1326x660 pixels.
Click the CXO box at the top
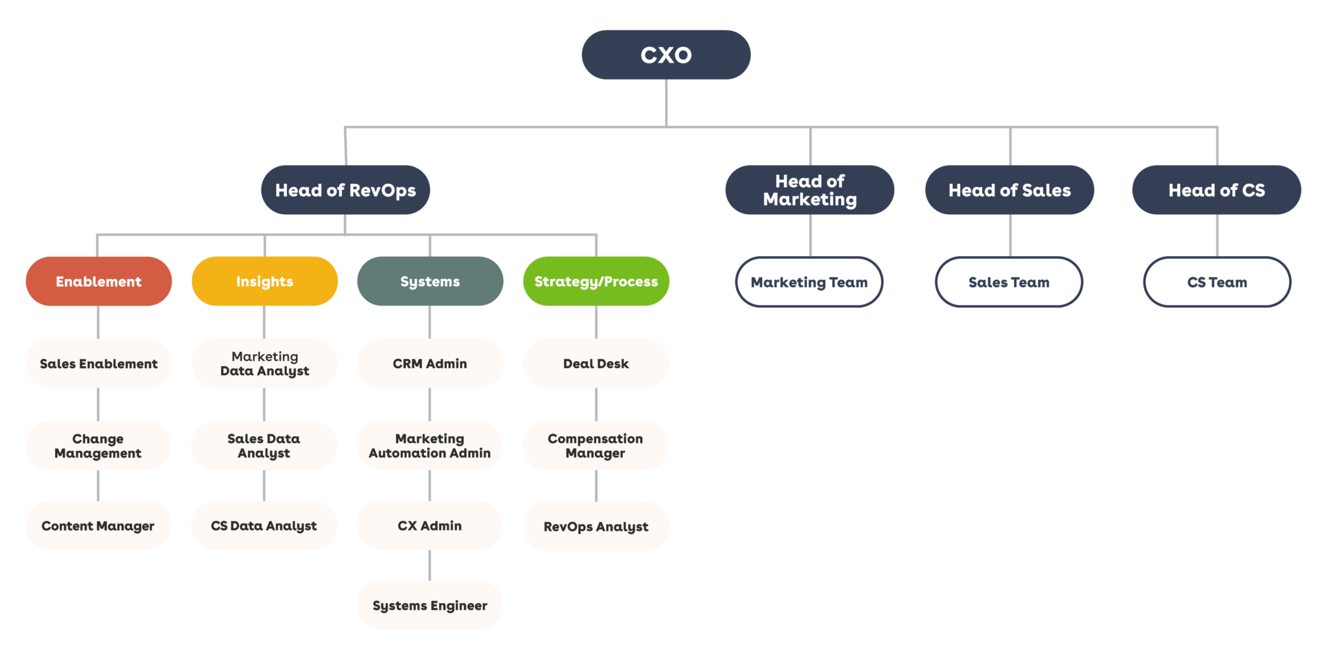pos(666,55)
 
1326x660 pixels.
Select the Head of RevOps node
pos(345,190)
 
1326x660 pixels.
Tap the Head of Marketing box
pos(809,190)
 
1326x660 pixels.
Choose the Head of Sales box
pos(1009,190)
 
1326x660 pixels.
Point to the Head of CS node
pos(1217,190)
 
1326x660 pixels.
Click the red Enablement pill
pos(98,281)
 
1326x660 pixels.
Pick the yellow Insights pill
pos(264,281)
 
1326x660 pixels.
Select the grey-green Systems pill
pos(430,281)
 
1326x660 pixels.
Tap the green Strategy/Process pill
pos(596,281)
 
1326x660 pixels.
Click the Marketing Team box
pos(809,282)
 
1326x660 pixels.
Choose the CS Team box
pos(1217,282)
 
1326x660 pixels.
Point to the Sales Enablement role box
pos(98,364)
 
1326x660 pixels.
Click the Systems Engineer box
pos(430,606)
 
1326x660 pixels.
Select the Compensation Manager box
pos(596,446)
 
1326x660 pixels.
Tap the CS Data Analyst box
pos(264,526)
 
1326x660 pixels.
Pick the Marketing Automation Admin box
pos(430,446)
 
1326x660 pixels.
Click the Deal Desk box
pos(596,364)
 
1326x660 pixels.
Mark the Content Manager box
pos(98,526)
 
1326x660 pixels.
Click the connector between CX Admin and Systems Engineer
pos(430,566)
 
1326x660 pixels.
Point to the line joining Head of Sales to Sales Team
pos(1010,236)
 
